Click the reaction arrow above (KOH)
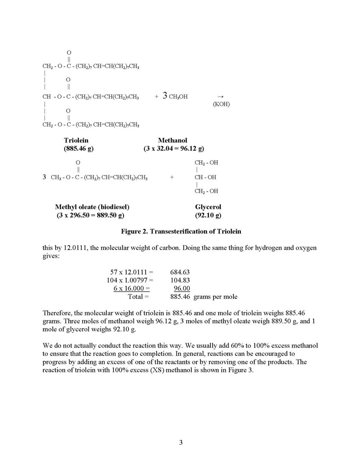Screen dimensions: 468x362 [x=221, y=96]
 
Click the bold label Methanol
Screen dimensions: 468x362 [x=172, y=141]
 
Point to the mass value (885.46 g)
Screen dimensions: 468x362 [x=79, y=148]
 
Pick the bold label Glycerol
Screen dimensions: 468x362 [x=208, y=207]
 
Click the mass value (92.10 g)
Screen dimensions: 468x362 [x=208, y=215]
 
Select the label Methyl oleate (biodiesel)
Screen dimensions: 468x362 [x=95, y=207]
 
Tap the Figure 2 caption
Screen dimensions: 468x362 [x=181, y=231]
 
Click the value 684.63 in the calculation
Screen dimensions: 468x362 [x=180, y=272]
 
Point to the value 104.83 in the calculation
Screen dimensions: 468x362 [x=180, y=280]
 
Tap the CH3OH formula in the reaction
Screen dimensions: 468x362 [x=178, y=97]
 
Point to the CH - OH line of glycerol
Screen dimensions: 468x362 [x=205, y=177]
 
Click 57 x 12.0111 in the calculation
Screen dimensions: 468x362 [x=132, y=272]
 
